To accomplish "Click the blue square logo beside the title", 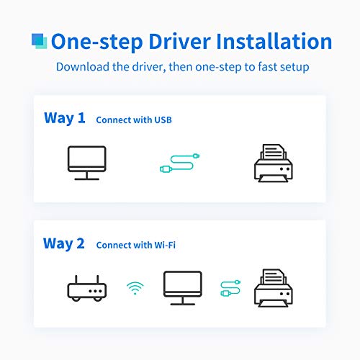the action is point(40,41).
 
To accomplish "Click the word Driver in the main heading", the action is point(180,41).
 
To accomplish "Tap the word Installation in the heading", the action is point(274,41).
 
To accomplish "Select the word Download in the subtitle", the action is point(83,66).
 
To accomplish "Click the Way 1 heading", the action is point(65,118).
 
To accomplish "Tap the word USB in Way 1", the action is point(163,120).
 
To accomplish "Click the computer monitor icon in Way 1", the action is point(87,163).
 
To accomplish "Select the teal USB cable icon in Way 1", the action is point(179,163).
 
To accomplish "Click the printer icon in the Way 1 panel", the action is point(274,163).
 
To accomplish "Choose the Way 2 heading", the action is point(64,243).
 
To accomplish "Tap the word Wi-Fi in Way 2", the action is point(165,245).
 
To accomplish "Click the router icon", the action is point(87,288).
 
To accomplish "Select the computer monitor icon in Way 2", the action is point(183,288).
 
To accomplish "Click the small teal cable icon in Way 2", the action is point(230,288).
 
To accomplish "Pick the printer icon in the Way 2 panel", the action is point(274,288).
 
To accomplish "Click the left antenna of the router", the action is point(76,279).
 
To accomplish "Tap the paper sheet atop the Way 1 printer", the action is point(274,152).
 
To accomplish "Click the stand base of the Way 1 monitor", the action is point(87,179).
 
